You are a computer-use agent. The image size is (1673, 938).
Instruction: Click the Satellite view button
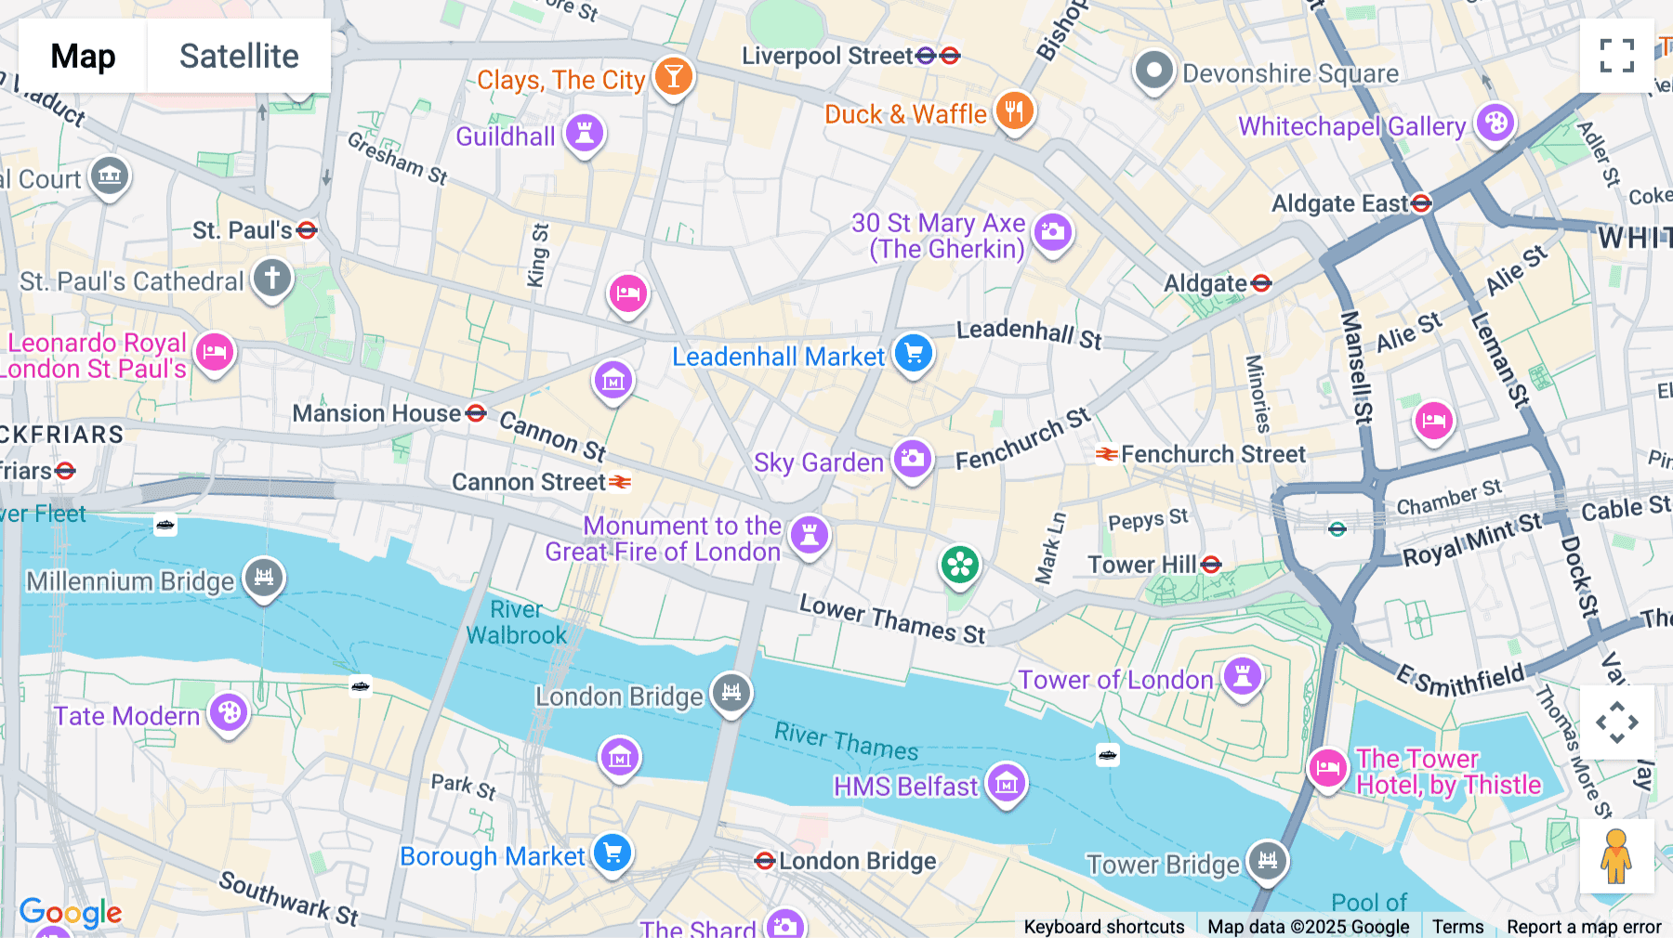pyautogui.click(x=239, y=57)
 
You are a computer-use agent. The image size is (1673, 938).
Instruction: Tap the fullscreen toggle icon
pyautogui.click(x=1616, y=56)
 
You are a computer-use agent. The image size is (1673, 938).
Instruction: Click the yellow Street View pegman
pyautogui.click(x=1616, y=856)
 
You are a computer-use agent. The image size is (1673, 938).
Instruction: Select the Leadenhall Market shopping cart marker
pyautogui.click(x=914, y=353)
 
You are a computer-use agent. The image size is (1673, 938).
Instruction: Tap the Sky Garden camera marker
pyautogui.click(x=913, y=458)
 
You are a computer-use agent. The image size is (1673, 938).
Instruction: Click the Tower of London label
pyautogui.click(x=1115, y=680)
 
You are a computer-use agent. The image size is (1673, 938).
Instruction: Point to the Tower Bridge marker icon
pyautogui.click(x=1268, y=860)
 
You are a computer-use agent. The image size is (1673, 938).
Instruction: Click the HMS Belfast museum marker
pyautogui.click(x=1007, y=783)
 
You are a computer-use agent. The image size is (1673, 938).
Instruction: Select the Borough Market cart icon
pyautogui.click(x=613, y=853)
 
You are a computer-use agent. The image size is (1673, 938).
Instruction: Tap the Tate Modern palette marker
pyautogui.click(x=229, y=713)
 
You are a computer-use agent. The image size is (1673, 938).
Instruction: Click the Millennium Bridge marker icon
pyautogui.click(x=264, y=578)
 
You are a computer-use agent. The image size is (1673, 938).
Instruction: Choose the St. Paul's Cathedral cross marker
pyautogui.click(x=272, y=278)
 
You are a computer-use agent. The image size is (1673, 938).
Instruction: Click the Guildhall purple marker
pyautogui.click(x=585, y=133)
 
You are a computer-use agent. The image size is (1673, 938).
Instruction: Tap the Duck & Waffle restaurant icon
pyautogui.click(x=1014, y=111)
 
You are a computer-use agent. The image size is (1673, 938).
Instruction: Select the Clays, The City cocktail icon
pyautogui.click(x=673, y=76)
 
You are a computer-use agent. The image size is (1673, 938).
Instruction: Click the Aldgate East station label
pyautogui.click(x=1339, y=203)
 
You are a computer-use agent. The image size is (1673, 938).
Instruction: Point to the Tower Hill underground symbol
pyautogui.click(x=1211, y=565)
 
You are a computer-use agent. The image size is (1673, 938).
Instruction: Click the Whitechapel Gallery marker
pyautogui.click(x=1495, y=123)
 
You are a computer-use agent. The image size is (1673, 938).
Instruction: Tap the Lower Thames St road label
pyautogui.click(x=891, y=619)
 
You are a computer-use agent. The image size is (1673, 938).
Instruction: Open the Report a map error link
pyautogui.click(x=1583, y=926)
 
